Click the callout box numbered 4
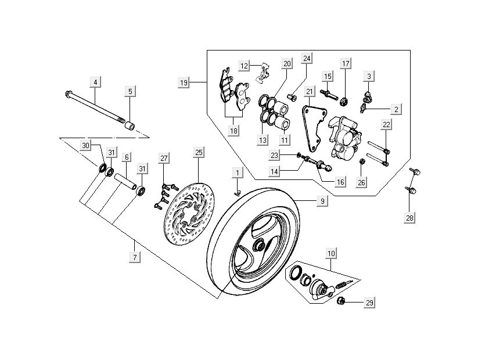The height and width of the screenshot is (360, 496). pyautogui.click(x=95, y=82)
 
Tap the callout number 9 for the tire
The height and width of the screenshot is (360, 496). pyautogui.click(x=321, y=201)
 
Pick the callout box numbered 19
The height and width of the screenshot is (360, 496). pyautogui.click(x=184, y=83)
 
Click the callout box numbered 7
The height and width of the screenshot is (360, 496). pyautogui.click(x=135, y=257)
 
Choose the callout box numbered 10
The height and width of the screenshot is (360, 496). pyautogui.click(x=331, y=253)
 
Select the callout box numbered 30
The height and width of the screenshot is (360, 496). pyautogui.click(x=86, y=145)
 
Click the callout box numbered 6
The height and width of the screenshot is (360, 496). pyautogui.click(x=126, y=157)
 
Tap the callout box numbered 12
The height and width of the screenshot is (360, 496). pyautogui.click(x=245, y=66)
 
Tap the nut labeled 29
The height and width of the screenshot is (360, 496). pyautogui.click(x=342, y=301)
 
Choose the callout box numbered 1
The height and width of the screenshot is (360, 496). pyautogui.click(x=237, y=172)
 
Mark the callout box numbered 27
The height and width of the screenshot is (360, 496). pyautogui.click(x=164, y=159)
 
